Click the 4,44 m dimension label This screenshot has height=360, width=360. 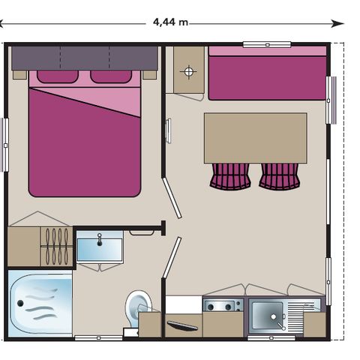pyautogui.click(x=170, y=22)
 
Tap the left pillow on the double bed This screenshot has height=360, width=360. pyautogui.click(x=58, y=76)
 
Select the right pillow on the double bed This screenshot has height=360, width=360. pyautogui.click(x=111, y=76)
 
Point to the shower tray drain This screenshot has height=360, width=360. pyautogui.click(x=20, y=304)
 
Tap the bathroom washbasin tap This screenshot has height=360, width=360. pyautogui.click(x=100, y=240)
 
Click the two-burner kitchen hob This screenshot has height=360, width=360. pyautogui.click(x=223, y=305)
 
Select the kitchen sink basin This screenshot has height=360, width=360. pyautogui.click(x=268, y=316)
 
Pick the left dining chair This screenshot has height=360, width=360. pyautogui.click(x=230, y=175)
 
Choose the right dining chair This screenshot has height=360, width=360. pyautogui.click(x=280, y=175)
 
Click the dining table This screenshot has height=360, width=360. pyautogui.click(x=256, y=138)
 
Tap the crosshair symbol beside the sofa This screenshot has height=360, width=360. pyautogui.click(x=188, y=72)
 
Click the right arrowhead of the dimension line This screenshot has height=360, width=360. pyautogui.click(x=338, y=24)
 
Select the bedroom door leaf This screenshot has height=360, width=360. pyautogui.click(x=172, y=198)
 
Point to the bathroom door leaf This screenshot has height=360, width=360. pyautogui.click(x=172, y=257)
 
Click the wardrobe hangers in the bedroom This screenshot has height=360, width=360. pyautogui.click(x=57, y=247)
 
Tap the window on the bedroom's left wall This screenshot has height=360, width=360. pyautogui.click(x=5, y=145)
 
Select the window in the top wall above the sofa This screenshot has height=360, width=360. pyautogui.click(x=267, y=45)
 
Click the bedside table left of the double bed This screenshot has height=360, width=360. pyautogui.click(x=19, y=75)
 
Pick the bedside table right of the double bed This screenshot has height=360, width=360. pyautogui.click(x=149, y=75)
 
